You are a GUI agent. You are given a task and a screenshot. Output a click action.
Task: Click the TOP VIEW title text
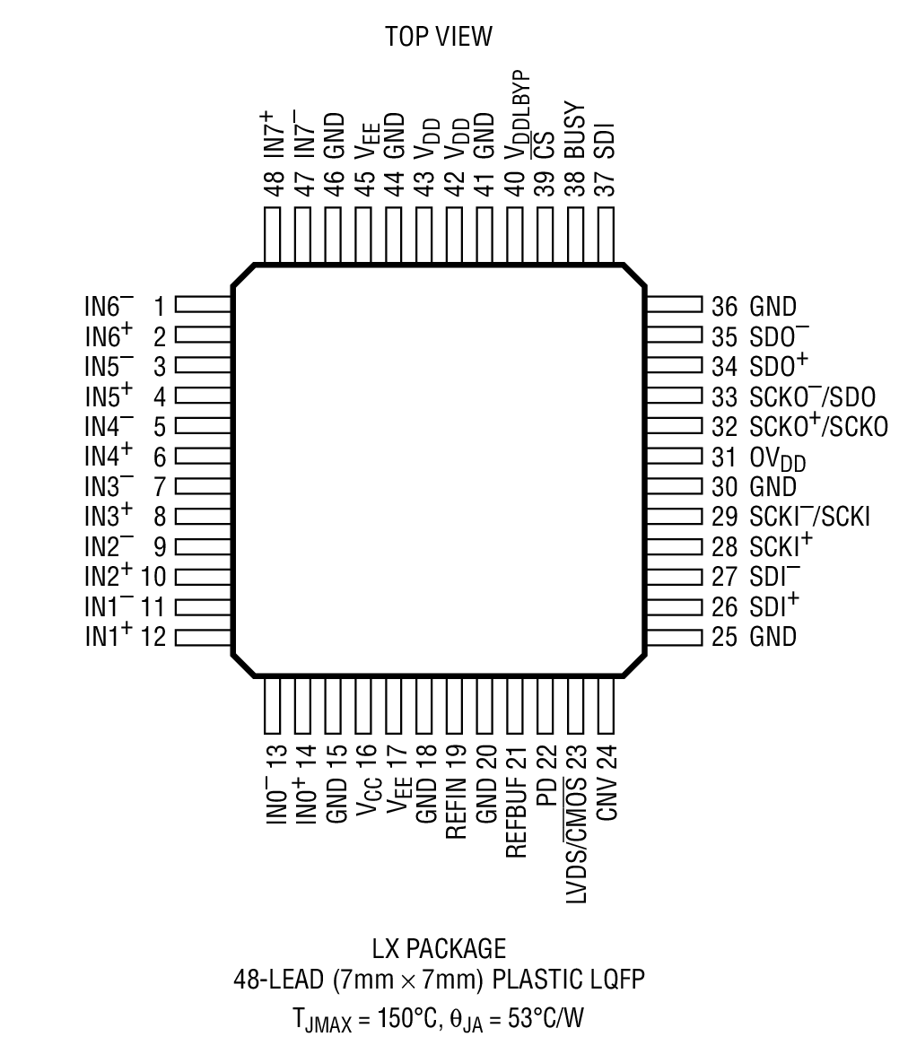[440, 37]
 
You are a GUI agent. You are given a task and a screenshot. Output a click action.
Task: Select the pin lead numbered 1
[203, 306]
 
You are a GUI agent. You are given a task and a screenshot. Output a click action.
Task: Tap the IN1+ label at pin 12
[109, 636]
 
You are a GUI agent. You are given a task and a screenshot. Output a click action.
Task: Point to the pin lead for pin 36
[673, 306]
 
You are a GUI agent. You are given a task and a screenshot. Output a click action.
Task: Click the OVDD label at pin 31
[777, 458]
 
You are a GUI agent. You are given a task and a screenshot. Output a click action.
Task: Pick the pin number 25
[723, 637]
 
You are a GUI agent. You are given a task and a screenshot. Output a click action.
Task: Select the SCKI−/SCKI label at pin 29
[809, 517]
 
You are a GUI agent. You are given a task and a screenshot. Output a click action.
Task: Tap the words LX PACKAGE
[439, 949]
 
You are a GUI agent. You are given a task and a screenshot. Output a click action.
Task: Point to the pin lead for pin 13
[274, 705]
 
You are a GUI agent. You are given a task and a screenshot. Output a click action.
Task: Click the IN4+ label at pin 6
[109, 455]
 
